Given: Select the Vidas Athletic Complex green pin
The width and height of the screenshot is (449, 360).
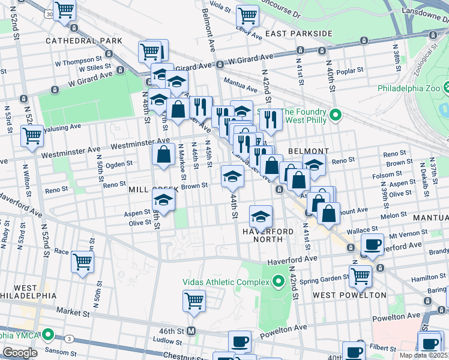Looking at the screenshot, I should pos(278,281).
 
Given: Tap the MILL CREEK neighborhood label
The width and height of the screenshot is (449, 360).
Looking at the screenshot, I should pos(153,190).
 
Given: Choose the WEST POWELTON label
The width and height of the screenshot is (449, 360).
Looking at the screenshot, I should pos(349,295).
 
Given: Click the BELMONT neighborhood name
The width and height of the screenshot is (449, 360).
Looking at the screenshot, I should pos(308,151).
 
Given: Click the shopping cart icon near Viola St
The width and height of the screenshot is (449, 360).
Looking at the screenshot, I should pos(247,14).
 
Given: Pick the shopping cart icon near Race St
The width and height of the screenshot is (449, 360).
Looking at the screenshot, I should pos(82,260).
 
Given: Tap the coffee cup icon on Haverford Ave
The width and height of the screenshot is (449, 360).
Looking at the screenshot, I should pos(372,244).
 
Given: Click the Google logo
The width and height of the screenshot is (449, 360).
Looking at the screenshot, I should pos(20,353).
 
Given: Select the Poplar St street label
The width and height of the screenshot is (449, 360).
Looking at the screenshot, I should pos(351,70).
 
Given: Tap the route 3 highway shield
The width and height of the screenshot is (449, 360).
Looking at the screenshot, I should pos(69,340).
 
